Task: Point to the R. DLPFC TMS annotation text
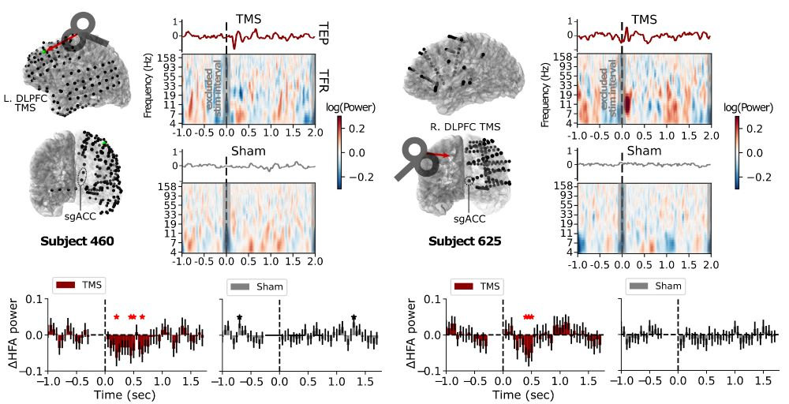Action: tap(458, 125)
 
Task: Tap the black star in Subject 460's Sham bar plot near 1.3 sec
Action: tap(354, 318)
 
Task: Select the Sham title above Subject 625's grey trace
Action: tap(644, 151)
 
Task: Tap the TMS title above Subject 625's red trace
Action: tap(644, 19)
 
